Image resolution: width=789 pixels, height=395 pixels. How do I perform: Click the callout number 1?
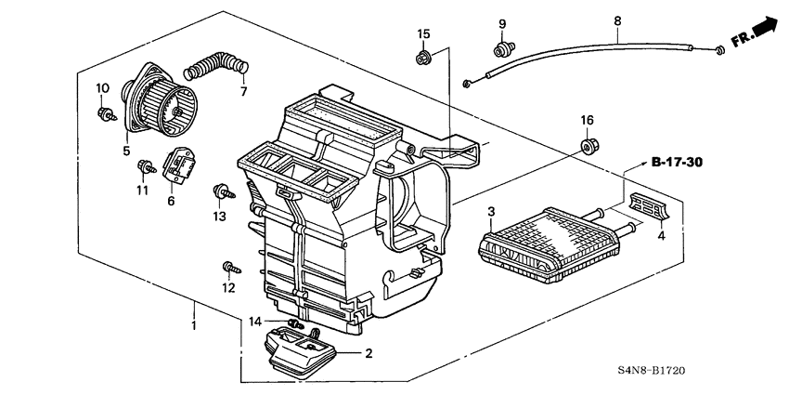pyautogui.click(x=193, y=327)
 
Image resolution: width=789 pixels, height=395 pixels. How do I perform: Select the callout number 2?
pyautogui.click(x=369, y=353)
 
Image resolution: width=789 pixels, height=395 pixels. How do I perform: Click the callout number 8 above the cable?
pyautogui.click(x=618, y=20)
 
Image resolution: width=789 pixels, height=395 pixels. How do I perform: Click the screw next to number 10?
pyautogui.click(x=105, y=114)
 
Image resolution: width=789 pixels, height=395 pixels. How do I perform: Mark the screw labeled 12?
pyautogui.click(x=228, y=270)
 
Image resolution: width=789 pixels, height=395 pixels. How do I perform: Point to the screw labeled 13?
pyautogui.click(x=224, y=192)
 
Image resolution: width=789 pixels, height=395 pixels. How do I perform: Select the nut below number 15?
pyautogui.click(x=422, y=59)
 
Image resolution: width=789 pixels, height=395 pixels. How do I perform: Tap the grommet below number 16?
pyautogui.click(x=588, y=144)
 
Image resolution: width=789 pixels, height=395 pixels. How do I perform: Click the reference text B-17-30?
pyautogui.click(x=676, y=163)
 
